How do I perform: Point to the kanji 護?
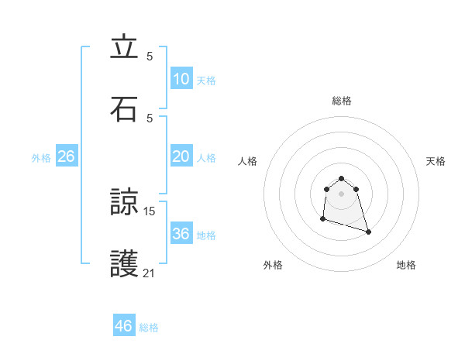coord(124,263)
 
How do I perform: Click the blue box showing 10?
coord(181,79)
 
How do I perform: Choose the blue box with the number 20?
coord(181,156)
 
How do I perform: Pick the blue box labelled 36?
coord(181,234)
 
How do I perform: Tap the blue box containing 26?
coord(66,156)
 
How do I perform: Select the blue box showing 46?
coord(124,326)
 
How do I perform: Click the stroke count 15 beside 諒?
coord(150,211)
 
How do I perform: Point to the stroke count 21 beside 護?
coord(150,273)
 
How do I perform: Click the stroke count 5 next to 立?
coord(150,56)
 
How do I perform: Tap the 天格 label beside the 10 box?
coord(206,81)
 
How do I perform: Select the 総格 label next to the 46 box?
coord(149,328)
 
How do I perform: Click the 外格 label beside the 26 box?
coord(41,158)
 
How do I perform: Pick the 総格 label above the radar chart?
coord(342,101)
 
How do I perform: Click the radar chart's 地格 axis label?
coord(406,265)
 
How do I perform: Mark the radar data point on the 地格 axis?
coord(368,232)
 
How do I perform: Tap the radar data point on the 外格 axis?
coord(322,219)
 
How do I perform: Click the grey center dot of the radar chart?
coord(342,193)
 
